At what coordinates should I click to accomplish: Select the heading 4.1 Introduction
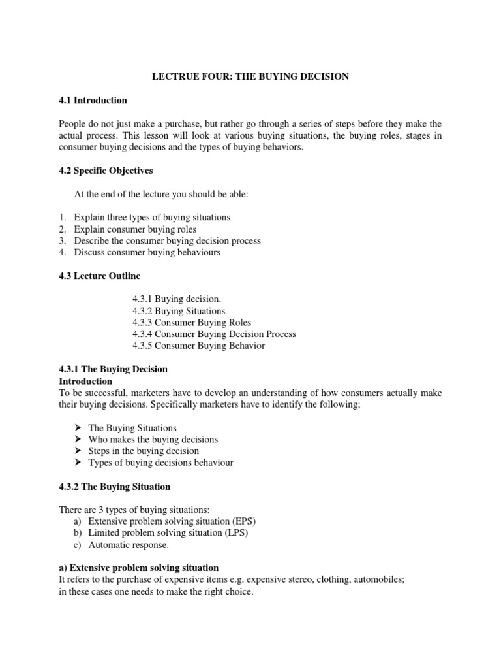(x=93, y=101)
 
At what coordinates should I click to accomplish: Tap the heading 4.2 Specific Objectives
(x=106, y=171)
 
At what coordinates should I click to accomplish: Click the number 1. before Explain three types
(x=63, y=217)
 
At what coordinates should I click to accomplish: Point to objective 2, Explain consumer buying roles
(x=135, y=229)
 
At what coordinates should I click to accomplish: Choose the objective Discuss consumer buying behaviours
(x=147, y=253)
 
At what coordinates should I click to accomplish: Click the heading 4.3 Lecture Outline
(x=99, y=276)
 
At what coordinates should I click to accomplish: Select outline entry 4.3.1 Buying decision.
(x=172, y=299)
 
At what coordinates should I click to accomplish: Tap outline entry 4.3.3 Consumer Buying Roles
(x=191, y=323)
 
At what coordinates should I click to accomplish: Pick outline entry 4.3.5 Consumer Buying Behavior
(x=198, y=346)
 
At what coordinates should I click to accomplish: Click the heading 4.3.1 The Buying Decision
(x=113, y=369)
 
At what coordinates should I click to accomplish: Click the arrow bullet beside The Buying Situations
(x=77, y=428)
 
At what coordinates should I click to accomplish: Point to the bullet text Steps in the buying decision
(x=144, y=451)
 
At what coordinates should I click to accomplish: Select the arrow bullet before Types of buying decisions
(x=77, y=463)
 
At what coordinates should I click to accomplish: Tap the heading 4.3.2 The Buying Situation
(x=114, y=487)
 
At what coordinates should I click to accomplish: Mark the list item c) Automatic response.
(x=129, y=545)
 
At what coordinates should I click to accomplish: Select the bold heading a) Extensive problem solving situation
(x=138, y=568)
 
